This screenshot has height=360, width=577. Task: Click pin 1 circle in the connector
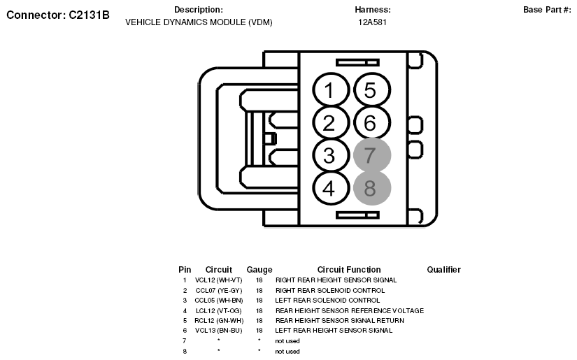(329, 90)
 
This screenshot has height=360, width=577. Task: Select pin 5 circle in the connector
(371, 90)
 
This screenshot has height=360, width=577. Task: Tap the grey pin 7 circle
(371, 155)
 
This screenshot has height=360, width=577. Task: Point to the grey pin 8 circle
(371, 188)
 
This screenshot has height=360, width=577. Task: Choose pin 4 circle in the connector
(329, 188)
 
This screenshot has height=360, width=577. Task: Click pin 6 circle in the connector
(371, 123)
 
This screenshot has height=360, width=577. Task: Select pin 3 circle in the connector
(329, 155)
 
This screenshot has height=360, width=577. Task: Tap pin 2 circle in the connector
(329, 123)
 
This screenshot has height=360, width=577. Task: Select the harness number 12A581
(372, 22)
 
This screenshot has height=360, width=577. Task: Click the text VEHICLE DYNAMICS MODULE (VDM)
(199, 22)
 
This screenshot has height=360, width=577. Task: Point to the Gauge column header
(259, 270)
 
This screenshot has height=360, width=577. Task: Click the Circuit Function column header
(349, 270)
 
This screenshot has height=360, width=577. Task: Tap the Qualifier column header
(443, 270)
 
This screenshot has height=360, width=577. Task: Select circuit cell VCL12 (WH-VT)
(218, 280)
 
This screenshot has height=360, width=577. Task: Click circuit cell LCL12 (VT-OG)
(218, 310)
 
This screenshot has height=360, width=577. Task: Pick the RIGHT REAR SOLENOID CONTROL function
(320, 290)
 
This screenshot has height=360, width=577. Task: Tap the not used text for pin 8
(287, 351)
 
